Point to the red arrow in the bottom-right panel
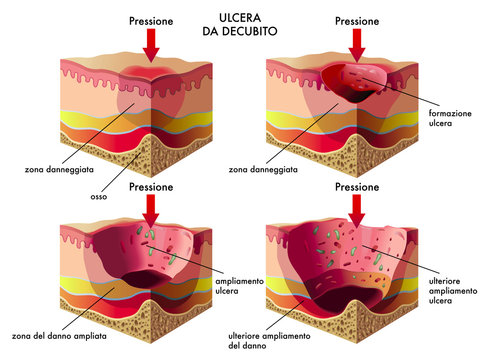[x=357, y=209]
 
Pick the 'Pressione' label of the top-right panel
[x=357, y=20]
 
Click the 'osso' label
[x=99, y=197]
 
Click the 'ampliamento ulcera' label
[x=240, y=288]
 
